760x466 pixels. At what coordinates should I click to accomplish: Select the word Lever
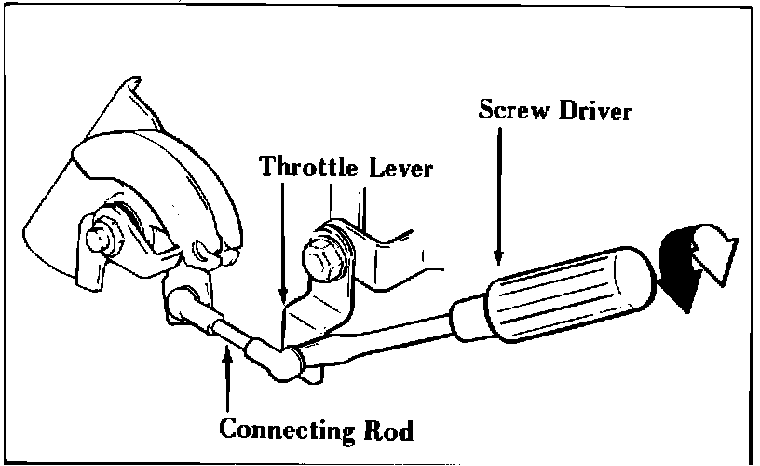[x=403, y=168]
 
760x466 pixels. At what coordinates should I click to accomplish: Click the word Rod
[x=386, y=431]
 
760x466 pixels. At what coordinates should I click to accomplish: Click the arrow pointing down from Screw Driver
[x=500, y=196]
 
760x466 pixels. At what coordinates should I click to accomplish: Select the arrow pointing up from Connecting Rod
[x=226, y=382]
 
